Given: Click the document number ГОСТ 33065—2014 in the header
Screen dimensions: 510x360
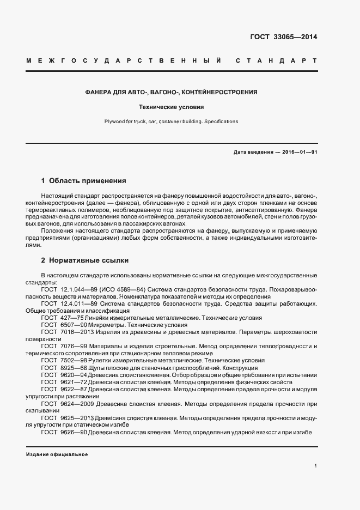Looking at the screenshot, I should point(283,37).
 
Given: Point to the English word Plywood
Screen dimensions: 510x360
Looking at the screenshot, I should point(114,122).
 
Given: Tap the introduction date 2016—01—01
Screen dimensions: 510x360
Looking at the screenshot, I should point(298,152).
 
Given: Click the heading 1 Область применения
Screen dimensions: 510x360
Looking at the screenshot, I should point(83,180).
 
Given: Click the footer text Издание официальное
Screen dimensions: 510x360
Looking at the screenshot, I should point(57,454).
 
